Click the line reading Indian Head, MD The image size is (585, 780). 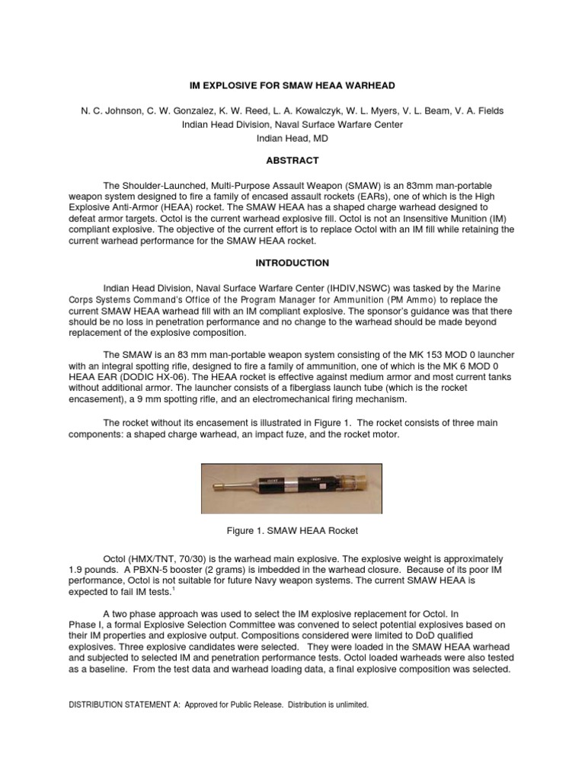[x=292, y=139]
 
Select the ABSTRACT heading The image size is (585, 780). [x=292, y=161]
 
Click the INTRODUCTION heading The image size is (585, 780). [x=292, y=263]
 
